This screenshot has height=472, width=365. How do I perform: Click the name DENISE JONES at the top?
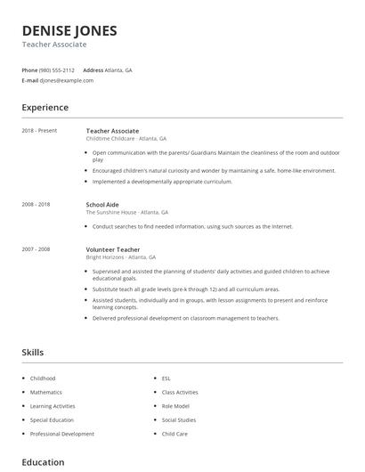[x=69, y=30]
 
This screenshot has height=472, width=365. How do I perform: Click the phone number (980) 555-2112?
[x=58, y=69]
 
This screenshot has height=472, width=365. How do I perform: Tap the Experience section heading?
[x=45, y=108]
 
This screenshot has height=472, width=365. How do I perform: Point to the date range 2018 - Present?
[x=39, y=131]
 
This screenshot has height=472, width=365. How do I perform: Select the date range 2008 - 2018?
[x=36, y=205]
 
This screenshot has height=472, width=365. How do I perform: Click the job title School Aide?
[x=103, y=205]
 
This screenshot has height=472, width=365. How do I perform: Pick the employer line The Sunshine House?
[x=126, y=213]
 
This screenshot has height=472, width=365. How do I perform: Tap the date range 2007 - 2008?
[x=36, y=249]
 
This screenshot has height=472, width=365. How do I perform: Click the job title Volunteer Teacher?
[x=112, y=249]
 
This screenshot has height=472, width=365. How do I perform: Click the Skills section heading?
[x=32, y=353]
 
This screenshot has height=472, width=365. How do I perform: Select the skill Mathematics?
[x=46, y=392]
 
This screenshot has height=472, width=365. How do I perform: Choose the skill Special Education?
[x=53, y=419]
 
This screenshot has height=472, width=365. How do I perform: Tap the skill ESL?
[x=166, y=378]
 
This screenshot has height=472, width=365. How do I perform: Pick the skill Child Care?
[x=174, y=434]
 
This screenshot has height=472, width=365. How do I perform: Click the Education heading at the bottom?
[x=43, y=462]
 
